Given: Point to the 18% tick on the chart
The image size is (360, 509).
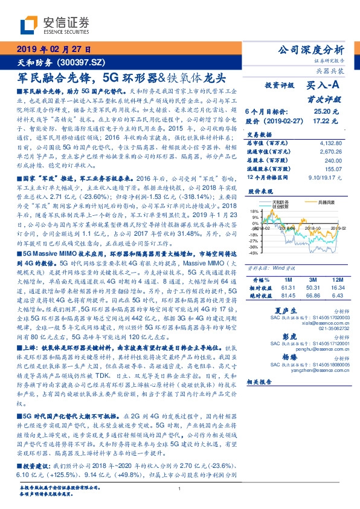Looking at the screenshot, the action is (256, 207).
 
